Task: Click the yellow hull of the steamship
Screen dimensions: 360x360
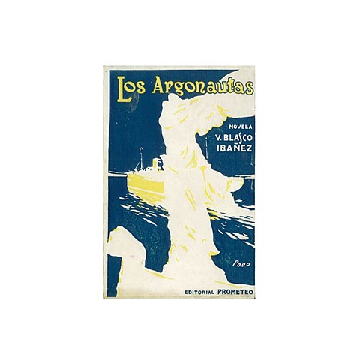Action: point(147,184)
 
